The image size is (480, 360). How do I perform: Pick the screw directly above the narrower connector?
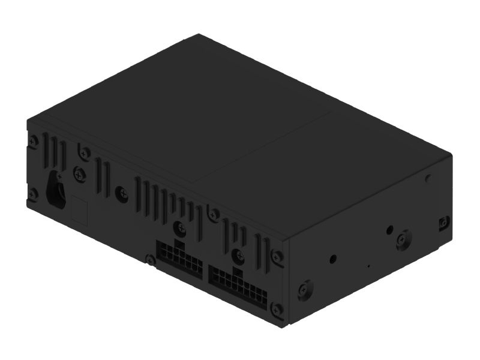pos(180,227)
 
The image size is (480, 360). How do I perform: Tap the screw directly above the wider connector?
pos(239,254)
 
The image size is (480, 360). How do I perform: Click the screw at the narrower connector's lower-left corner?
pos(150,259)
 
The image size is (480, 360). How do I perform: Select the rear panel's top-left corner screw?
pos(34,140)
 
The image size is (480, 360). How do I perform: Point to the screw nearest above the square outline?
pos(79,175)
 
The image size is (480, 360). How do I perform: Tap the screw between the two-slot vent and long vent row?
pos(122,193)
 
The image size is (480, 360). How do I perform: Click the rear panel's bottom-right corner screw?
pos(277,310)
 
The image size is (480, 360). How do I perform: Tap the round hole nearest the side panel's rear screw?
pos(333,260)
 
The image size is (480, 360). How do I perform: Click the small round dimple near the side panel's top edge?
pos(428,178)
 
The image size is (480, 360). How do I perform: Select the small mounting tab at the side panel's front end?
pos(443,221)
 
